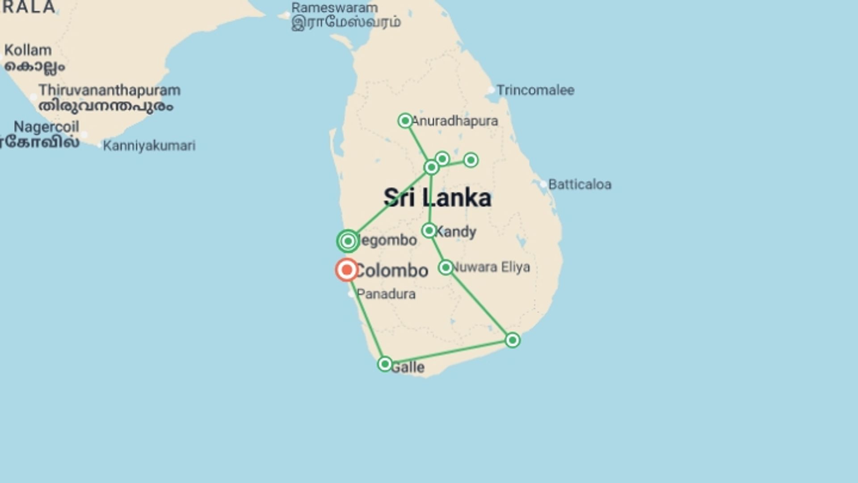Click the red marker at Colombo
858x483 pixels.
pos(347,270)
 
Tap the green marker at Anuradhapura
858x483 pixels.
pos(405,121)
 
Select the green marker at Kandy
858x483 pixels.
pos(429,231)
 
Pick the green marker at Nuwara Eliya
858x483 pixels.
pos(446,267)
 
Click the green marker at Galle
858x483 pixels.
pos(385,364)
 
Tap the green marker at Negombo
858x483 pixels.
pos(348,241)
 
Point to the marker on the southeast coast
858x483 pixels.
pos(513,340)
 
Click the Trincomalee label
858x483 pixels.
pos(535,90)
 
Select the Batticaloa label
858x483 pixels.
pos(580,184)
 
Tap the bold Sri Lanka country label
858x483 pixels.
pos(437,198)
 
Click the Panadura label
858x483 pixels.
pos(386,294)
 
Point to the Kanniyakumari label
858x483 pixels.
pos(149,146)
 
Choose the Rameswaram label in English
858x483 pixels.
pos(335,8)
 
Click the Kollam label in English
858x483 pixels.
pos(28,50)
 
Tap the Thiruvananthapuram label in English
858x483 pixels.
pos(109,90)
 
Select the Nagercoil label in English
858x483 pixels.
pos(46,127)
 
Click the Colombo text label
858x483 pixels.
pos(392,271)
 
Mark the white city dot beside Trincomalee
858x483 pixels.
pos(491,90)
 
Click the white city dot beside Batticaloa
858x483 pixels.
pos(543,184)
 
